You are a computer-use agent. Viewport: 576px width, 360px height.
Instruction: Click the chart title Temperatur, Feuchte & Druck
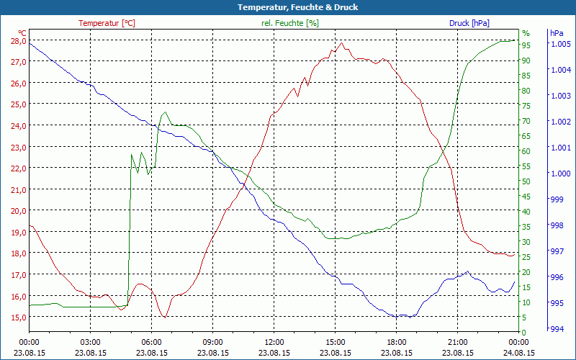pos(287,7)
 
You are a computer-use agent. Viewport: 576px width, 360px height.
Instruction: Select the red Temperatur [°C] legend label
pos(107,23)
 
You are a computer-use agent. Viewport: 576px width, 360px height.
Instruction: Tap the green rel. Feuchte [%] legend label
pos(289,23)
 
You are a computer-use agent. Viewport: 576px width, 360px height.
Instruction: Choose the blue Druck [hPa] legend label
pos(469,23)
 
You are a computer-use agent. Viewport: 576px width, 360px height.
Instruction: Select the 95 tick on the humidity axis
pos(526,45)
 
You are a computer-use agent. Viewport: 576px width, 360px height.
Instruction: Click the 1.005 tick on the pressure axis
pos(561,44)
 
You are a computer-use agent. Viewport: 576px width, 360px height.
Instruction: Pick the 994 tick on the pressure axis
pos(556,329)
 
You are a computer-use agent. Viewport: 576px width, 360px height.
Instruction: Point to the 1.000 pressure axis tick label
pos(561,174)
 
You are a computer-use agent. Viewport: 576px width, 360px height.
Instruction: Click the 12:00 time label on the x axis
pos(274,342)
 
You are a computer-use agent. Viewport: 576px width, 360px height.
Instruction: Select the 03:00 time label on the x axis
pos(90,342)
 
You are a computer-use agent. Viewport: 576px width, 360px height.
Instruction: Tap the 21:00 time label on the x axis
pos(458,342)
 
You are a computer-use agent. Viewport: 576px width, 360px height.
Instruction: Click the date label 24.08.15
pos(519,353)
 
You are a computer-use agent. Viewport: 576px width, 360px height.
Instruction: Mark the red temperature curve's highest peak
pos(342,42)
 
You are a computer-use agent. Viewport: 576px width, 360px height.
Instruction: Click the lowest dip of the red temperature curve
pos(165,317)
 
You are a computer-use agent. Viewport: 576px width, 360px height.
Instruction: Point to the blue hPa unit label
pos(557,33)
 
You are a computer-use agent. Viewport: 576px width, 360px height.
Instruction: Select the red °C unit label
pos(22,33)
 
